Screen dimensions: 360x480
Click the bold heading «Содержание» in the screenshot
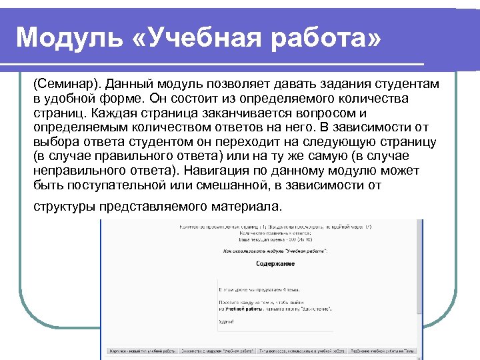pos(275,263)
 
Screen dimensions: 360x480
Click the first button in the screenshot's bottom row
pos(139,350)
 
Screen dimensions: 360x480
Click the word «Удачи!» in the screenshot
pos(227,321)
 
